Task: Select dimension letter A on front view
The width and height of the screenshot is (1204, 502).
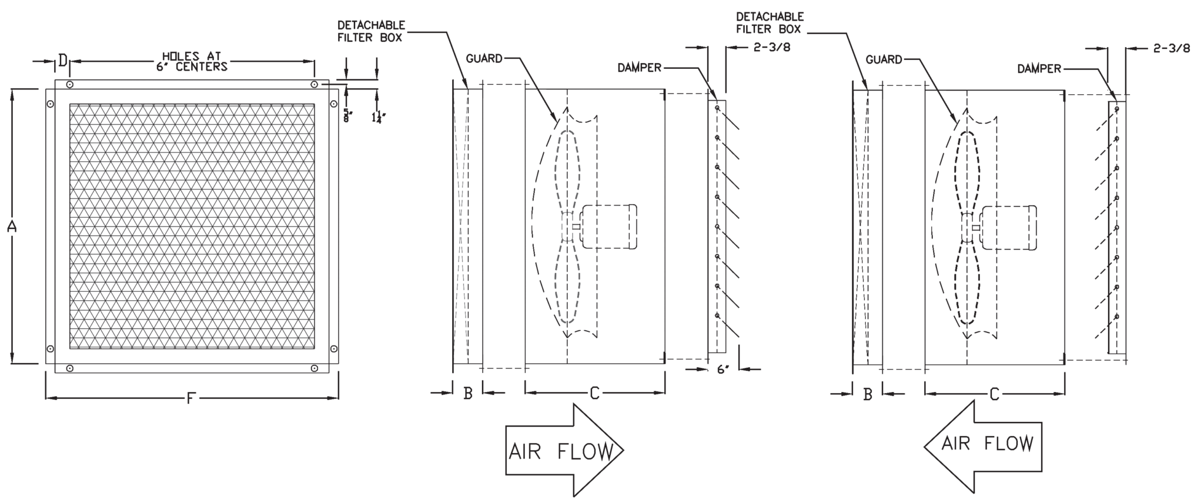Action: [12, 226]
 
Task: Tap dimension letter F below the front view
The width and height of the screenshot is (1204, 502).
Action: [190, 399]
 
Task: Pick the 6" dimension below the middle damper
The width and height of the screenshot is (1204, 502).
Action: [723, 370]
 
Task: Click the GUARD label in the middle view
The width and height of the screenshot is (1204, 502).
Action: [484, 58]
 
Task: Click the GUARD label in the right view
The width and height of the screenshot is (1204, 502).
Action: [884, 59]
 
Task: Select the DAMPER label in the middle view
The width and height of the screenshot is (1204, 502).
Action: [639, 68]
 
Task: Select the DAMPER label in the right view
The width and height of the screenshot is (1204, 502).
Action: [1039, 69]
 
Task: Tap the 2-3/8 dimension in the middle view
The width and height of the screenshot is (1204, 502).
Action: [771, 48]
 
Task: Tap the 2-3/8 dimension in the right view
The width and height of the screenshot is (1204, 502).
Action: [1171, 49]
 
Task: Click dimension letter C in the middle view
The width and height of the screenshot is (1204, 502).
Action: [594, 393]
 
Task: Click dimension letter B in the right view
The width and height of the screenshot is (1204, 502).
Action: [868, 394]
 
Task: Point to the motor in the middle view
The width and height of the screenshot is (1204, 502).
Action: [608, 226]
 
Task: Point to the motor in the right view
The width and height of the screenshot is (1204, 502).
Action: [1008, 227]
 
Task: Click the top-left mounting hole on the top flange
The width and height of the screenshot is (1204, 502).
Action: [70, 85]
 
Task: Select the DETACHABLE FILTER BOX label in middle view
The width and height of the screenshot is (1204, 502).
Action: [370, 31]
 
